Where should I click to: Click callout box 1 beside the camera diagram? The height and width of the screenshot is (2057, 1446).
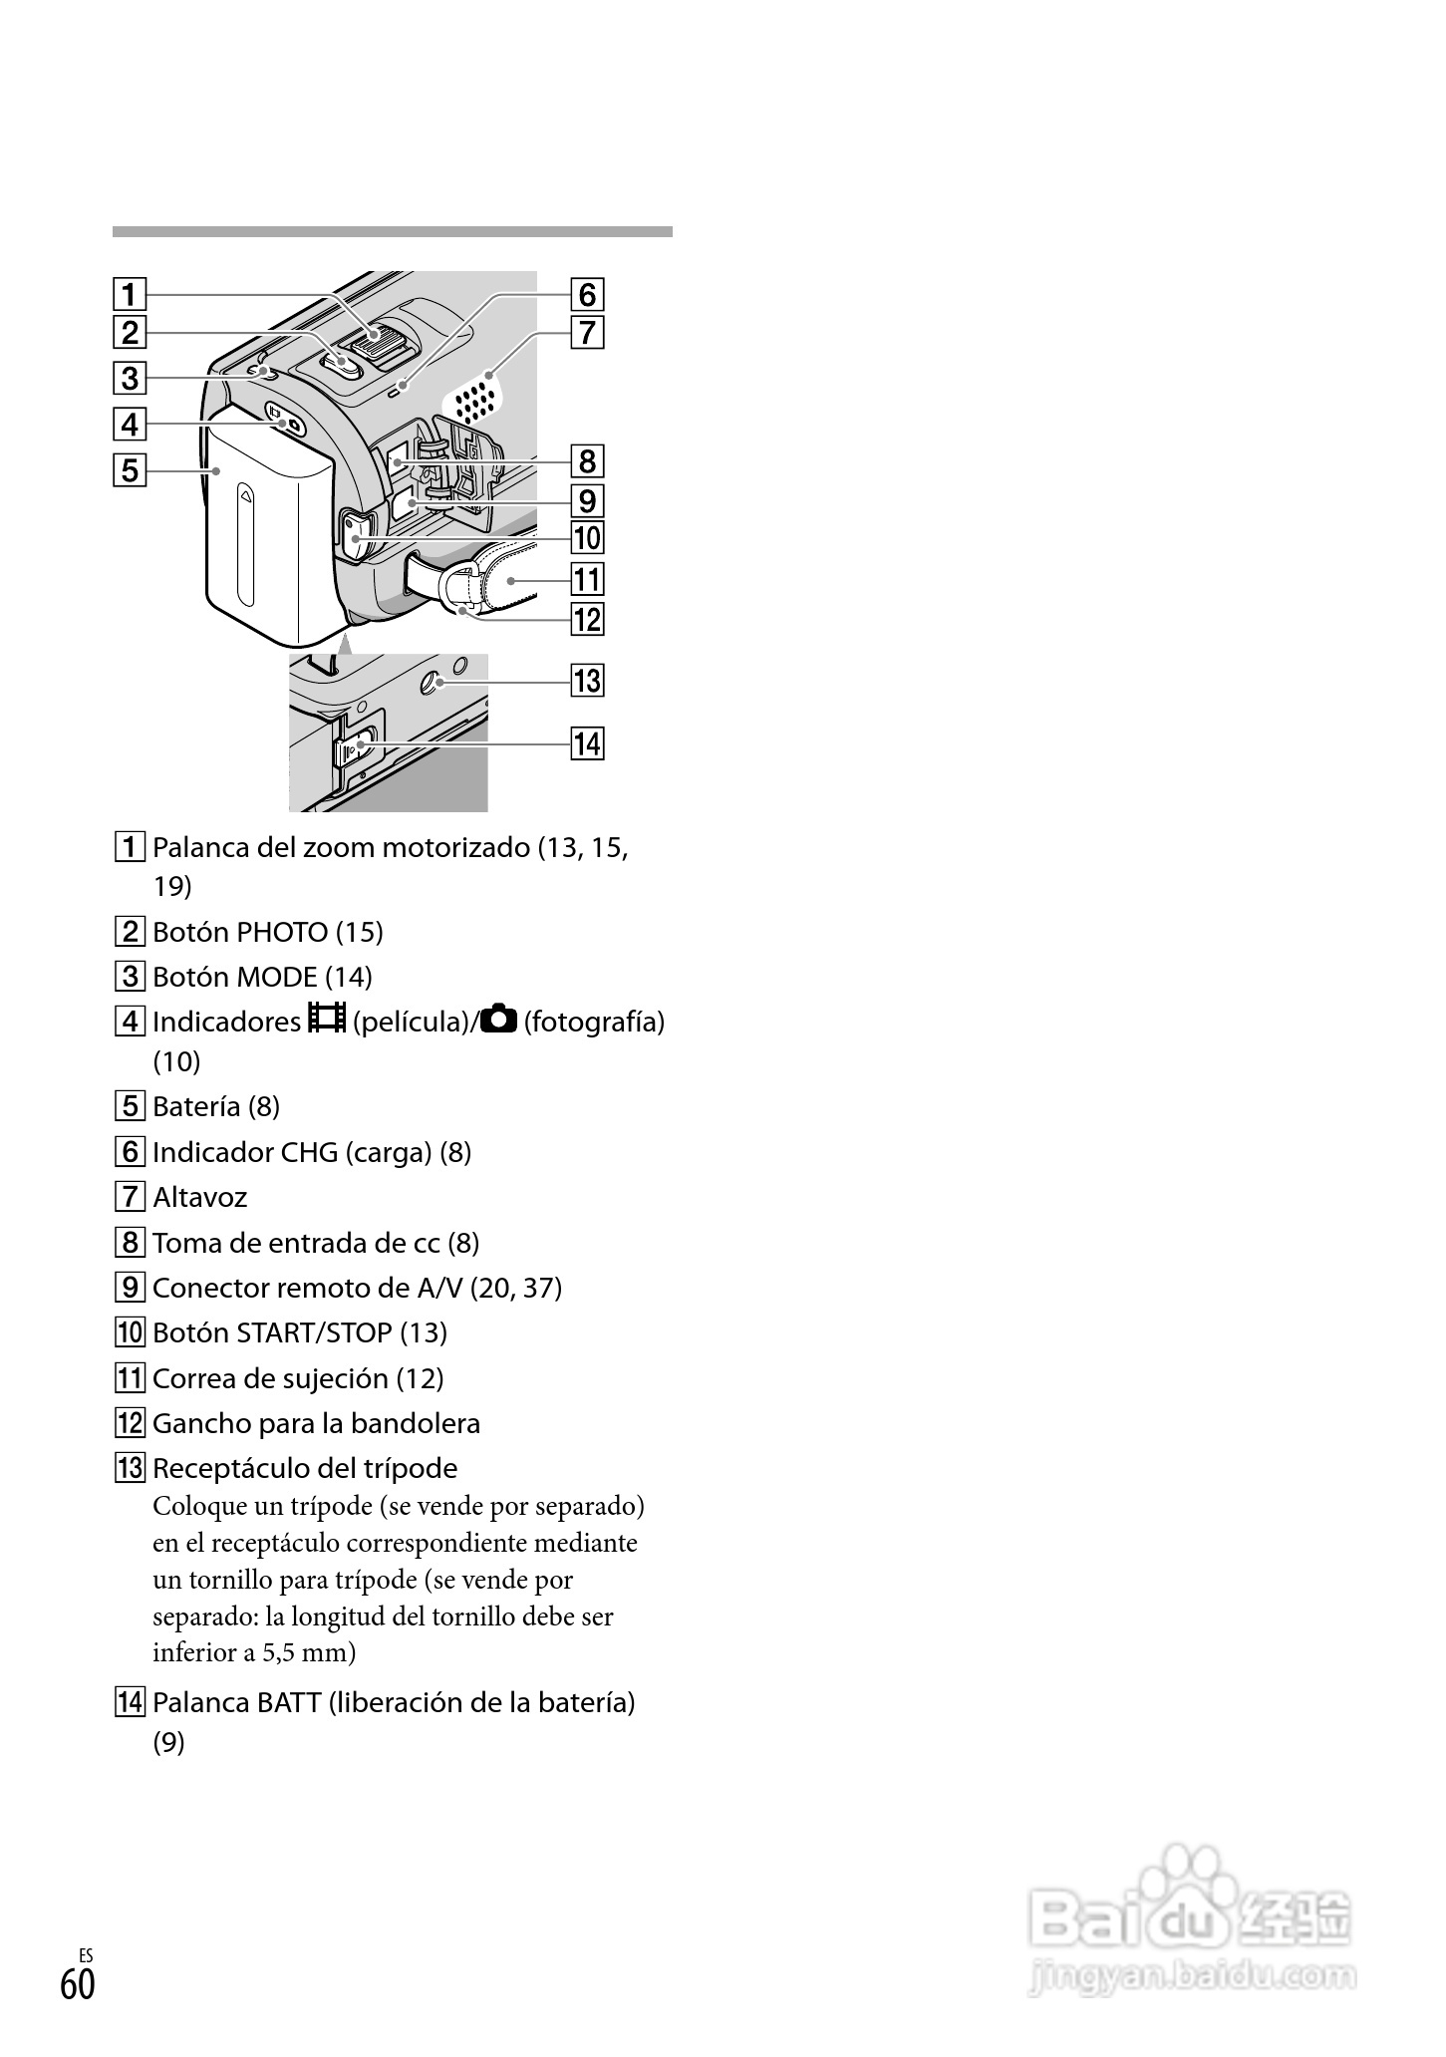(x=130, y=295)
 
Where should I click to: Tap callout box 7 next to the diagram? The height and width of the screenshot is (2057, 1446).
(x=587, y=332)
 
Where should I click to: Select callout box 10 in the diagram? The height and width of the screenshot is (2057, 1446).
(x=587, y=538)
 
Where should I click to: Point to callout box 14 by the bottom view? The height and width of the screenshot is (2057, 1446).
(x=587, y=743)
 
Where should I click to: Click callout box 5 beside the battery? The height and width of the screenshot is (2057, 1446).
(x=130, y=468)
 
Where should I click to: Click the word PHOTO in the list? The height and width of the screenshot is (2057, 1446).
(x=282, y=933)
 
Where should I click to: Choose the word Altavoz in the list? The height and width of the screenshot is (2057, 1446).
(x=199, y=1198)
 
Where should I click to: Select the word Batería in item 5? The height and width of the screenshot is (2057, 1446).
(x=196, y=1107)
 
